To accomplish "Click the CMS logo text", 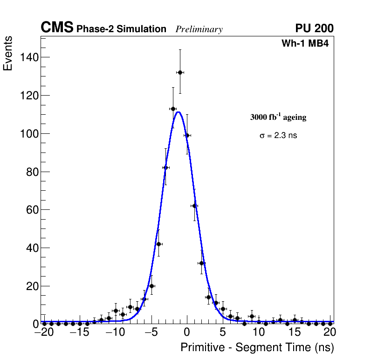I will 57,28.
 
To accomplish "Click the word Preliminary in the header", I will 199,29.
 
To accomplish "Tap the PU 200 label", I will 314,28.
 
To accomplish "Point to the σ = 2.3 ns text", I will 278,136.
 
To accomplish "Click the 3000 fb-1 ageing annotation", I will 278,117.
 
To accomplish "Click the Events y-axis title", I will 8,54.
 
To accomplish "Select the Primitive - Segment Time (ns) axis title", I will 257,347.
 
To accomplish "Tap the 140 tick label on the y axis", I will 29,57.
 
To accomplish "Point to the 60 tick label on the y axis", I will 32,210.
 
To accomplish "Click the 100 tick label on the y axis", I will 29,134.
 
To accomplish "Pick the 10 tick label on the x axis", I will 259,332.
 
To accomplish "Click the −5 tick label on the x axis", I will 149,332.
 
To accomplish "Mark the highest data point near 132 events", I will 180,72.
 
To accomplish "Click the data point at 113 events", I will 173,109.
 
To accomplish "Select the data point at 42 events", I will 158,244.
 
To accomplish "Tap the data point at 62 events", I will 194,206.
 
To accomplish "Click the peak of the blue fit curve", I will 178,112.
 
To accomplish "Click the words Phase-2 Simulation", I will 121,29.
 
